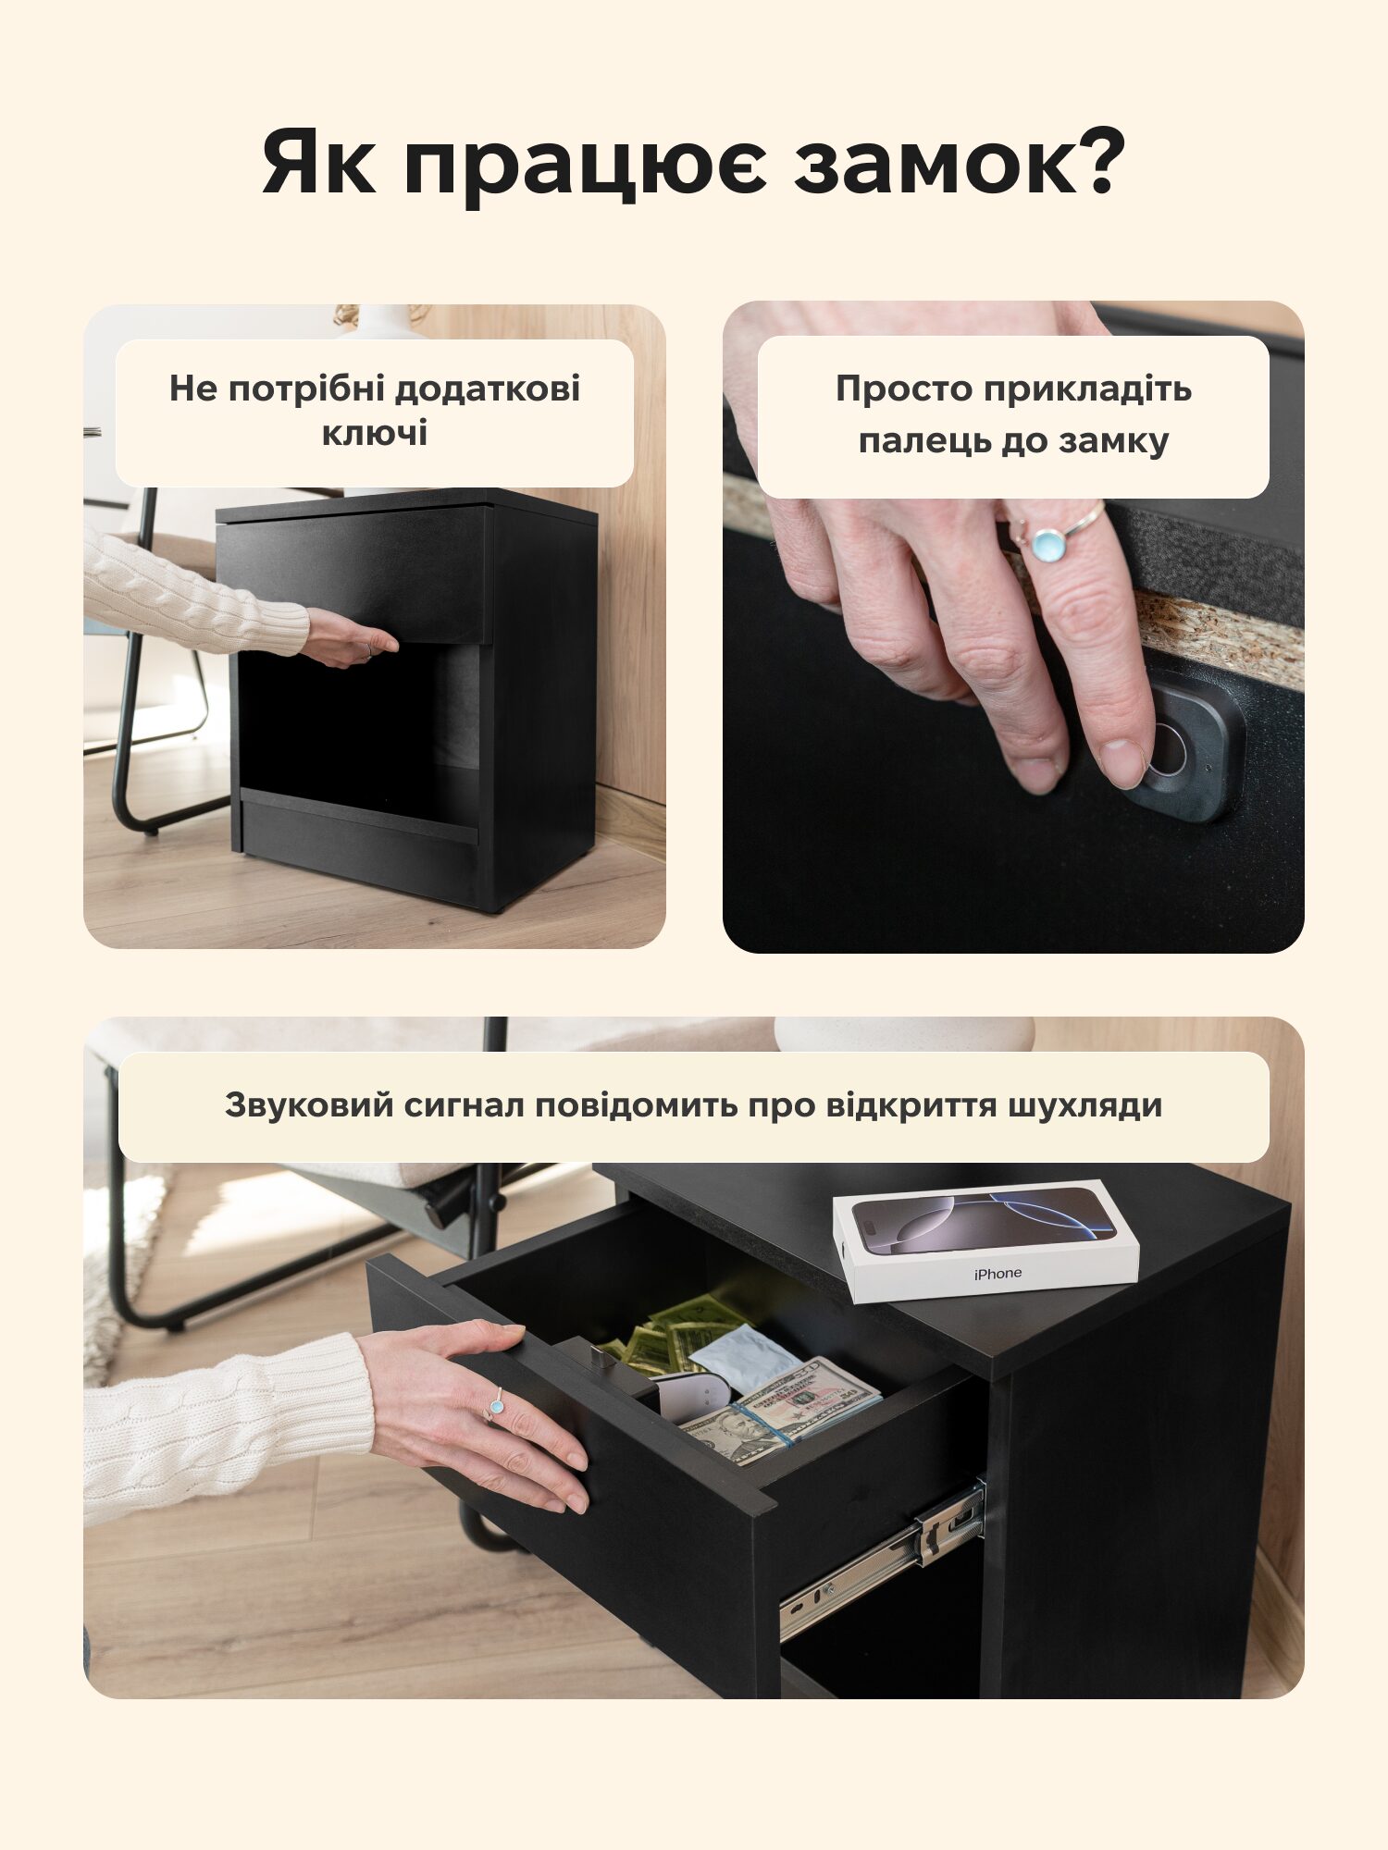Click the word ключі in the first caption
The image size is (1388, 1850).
[375, 433]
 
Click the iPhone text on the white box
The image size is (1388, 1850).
[998, 1274]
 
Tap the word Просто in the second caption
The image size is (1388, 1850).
[903, 389]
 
